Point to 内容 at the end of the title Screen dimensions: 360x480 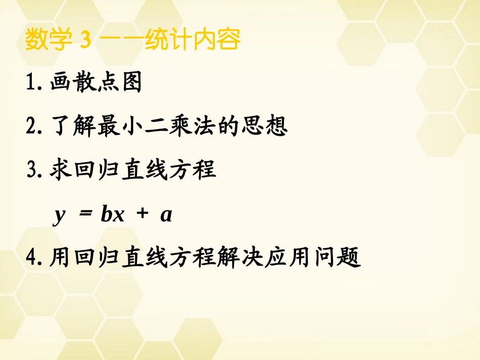(x=218, y=40)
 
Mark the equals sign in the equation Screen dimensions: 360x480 (x=87, y=215)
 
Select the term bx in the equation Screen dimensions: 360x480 (x=112, y=215)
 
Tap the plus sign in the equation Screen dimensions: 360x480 (x=142, y=215)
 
